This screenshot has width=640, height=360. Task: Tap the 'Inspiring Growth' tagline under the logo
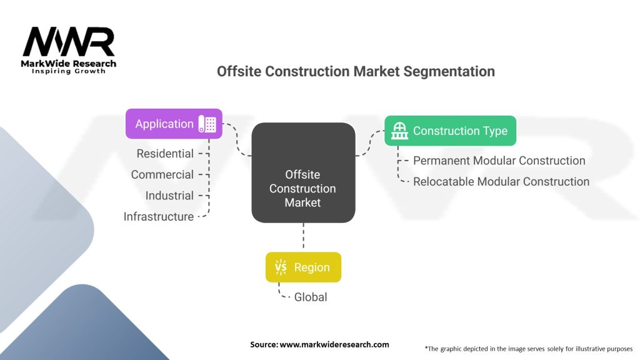(x=69, y=71)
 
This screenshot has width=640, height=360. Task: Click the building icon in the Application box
(x=207, y=124)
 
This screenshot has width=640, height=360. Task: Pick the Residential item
(x=165, y=153)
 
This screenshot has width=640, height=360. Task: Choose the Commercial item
(x=162, y=174)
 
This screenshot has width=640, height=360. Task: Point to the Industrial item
(x=169, y=196)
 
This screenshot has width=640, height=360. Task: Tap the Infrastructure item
(x=159, y=217)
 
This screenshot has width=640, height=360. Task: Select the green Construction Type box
(x=450, y=131)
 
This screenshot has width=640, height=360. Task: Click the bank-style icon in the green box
(x=399, y=131)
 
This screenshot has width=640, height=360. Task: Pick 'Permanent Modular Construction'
(x=499, y=161)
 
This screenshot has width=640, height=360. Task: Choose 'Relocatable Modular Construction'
(x=501, y=182)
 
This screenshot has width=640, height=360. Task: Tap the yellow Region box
(x=303, y=267)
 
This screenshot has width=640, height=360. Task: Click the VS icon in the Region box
(x=281, y=267)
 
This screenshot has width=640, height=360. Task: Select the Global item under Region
(x=311, y=297)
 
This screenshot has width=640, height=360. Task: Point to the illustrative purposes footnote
(x=528, y=348)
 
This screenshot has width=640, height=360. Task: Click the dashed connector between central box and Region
(x=303, y=237)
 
